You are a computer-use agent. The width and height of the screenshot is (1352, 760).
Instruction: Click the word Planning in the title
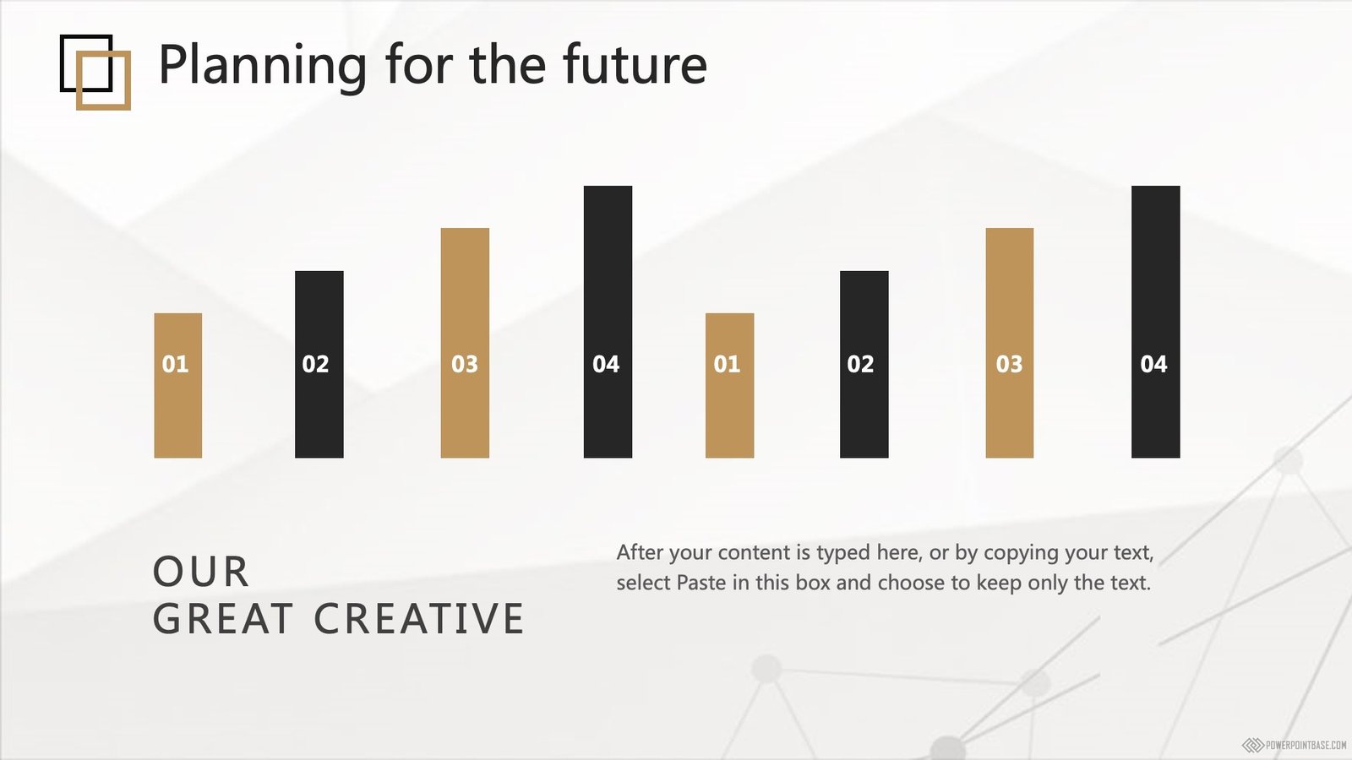point(263,65)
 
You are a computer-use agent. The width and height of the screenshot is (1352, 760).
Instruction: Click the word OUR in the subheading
point(201,572)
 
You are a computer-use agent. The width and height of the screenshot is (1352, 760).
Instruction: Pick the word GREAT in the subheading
point(223,618)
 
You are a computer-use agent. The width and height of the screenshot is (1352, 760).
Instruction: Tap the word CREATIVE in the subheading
point(419,618)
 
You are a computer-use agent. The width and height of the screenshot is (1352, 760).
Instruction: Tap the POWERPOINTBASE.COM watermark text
point(1306,746)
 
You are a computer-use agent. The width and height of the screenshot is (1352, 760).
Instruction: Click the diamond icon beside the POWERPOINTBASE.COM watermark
point(1253,746)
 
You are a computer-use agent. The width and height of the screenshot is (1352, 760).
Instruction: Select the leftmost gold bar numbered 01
point(178,385)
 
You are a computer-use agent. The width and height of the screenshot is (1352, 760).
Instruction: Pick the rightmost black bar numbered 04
point(1155,322)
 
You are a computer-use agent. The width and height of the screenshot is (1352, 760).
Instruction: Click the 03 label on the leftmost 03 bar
point(465,364)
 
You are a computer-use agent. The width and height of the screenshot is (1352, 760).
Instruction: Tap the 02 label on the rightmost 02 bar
point(860,364)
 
